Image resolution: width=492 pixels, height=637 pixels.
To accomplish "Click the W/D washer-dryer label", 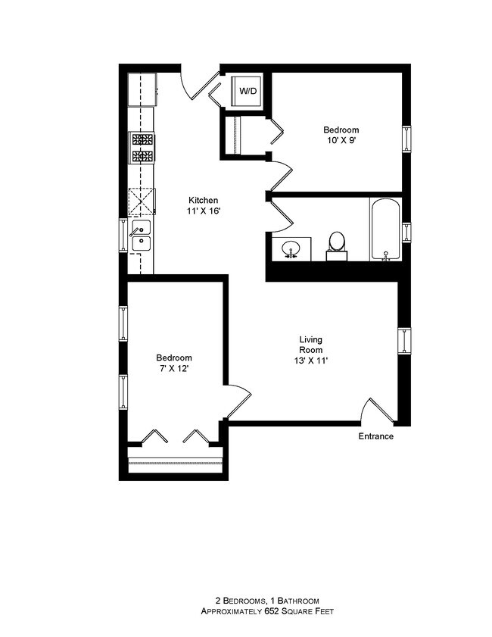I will (x=248, y=91).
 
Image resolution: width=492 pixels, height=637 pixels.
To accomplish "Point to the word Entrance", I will (x=375, y=436).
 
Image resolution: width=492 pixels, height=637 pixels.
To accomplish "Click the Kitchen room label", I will (x=204, y=200).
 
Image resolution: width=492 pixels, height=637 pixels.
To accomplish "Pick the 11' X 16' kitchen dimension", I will (x=204, y=211).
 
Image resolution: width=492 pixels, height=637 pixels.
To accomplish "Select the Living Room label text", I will (x=310, y=345).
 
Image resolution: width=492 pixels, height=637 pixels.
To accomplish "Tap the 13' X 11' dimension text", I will (x=310, y=361).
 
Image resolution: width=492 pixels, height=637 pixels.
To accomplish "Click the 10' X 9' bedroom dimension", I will (x=340, y=141).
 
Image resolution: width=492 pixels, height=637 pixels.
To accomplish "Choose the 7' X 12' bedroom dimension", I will (x=174, y=369).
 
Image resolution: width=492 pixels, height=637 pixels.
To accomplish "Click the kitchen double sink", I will (x=141, y=236).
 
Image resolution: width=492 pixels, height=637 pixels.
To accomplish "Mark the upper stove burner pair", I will (x=142, y=139).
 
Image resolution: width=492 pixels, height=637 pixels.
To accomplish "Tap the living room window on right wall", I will (x=405, y=340).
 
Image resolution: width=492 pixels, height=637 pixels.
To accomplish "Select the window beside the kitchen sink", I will (x=123, y=234).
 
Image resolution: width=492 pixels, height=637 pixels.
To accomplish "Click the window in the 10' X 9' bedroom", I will (x=407, y=139).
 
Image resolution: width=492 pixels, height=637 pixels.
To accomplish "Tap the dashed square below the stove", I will (x=142, y=201).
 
